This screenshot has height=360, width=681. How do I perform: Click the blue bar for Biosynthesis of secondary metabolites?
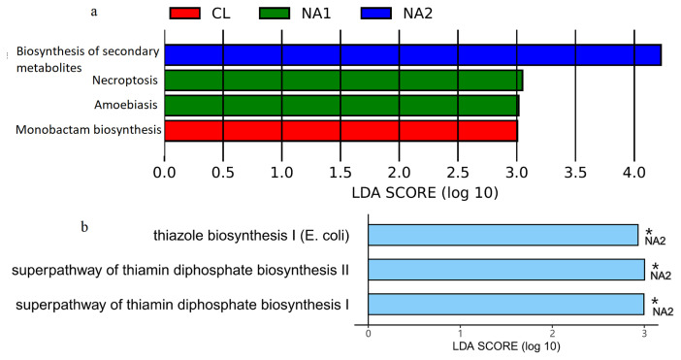[412, 54]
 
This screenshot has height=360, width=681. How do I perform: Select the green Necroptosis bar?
[343, 80]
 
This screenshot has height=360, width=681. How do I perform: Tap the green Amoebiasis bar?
[341, 105]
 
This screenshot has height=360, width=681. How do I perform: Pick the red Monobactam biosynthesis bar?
[340, 130]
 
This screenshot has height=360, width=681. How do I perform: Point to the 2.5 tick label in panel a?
[458, 173]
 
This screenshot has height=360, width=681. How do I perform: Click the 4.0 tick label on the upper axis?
[633, 173]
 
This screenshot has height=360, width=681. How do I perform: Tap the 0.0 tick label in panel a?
[165, 173]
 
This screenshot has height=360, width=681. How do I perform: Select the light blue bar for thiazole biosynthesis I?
[503, 235]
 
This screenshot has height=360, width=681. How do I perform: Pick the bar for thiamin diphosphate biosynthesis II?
[505, 269]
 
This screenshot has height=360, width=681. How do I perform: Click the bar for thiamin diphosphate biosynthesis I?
[505, 304]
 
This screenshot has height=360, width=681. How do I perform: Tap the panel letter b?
[85, 227]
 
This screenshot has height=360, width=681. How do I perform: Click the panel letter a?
[93, 13]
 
